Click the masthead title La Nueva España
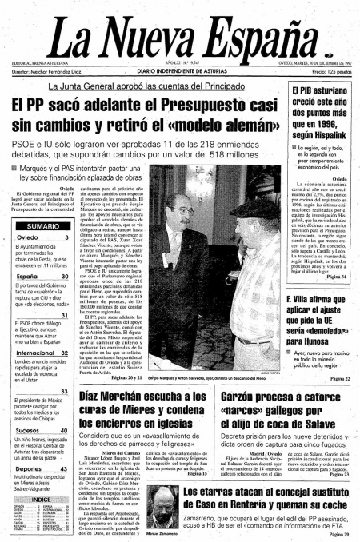pyautogui.click(x=180, y=35)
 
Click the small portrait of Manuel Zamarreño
pyautogui.click(x=148, y=504)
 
